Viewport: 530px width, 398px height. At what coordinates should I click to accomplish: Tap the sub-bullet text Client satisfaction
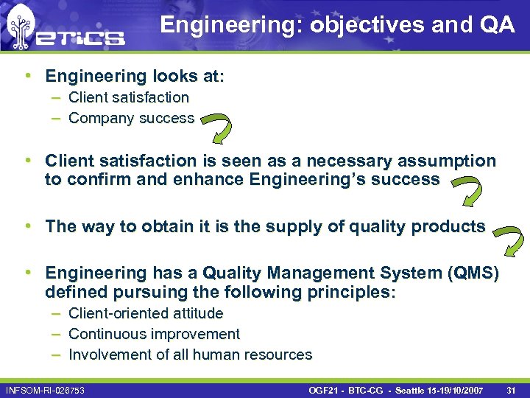tap(129, 97)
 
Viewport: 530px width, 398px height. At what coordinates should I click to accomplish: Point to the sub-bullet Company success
tap(131, 118)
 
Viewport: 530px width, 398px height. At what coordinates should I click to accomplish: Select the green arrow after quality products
tap(509, 239)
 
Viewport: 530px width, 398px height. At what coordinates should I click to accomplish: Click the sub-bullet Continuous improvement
tap(154, 334)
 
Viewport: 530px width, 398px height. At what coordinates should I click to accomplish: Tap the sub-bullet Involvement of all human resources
tap(190, 355)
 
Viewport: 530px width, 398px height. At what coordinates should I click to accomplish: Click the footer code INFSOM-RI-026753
tap(45, 388)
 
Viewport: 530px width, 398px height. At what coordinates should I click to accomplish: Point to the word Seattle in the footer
tap(414, 388)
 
